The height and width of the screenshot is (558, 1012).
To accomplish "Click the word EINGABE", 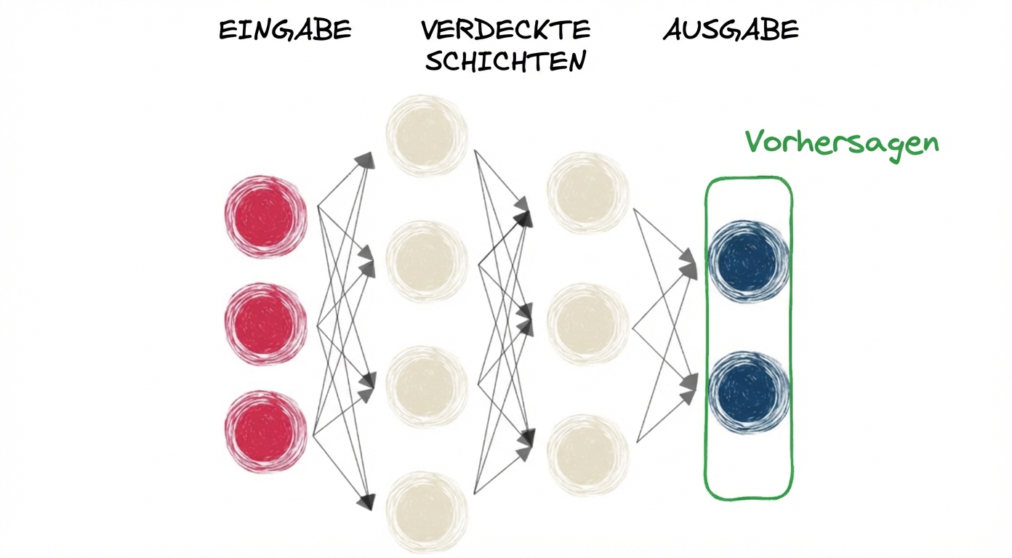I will [285, 31].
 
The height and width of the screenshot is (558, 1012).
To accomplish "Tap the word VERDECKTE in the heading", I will [505, 31].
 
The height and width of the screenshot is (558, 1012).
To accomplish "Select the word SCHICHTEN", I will [505, 61].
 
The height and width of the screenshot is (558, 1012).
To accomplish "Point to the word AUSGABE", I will [731, 31].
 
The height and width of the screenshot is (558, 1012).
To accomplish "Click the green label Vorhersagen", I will [842, 142].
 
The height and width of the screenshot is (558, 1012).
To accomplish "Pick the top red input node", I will [265, 216].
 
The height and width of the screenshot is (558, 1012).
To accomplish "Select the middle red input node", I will [265, 323].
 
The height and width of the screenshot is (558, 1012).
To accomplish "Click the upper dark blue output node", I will [748, 261].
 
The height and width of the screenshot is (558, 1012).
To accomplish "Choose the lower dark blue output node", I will [748, 392].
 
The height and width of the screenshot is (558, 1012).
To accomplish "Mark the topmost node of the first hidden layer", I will [427, 136].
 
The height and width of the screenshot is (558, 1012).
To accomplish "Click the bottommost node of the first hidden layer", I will [427, 511].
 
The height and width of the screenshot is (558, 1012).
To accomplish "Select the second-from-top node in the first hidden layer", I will [427, 261].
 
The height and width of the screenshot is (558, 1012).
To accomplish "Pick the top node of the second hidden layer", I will [587, 192].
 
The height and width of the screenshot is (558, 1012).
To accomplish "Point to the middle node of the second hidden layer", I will [587, 323].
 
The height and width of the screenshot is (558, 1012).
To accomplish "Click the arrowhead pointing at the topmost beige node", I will [367, 161].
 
